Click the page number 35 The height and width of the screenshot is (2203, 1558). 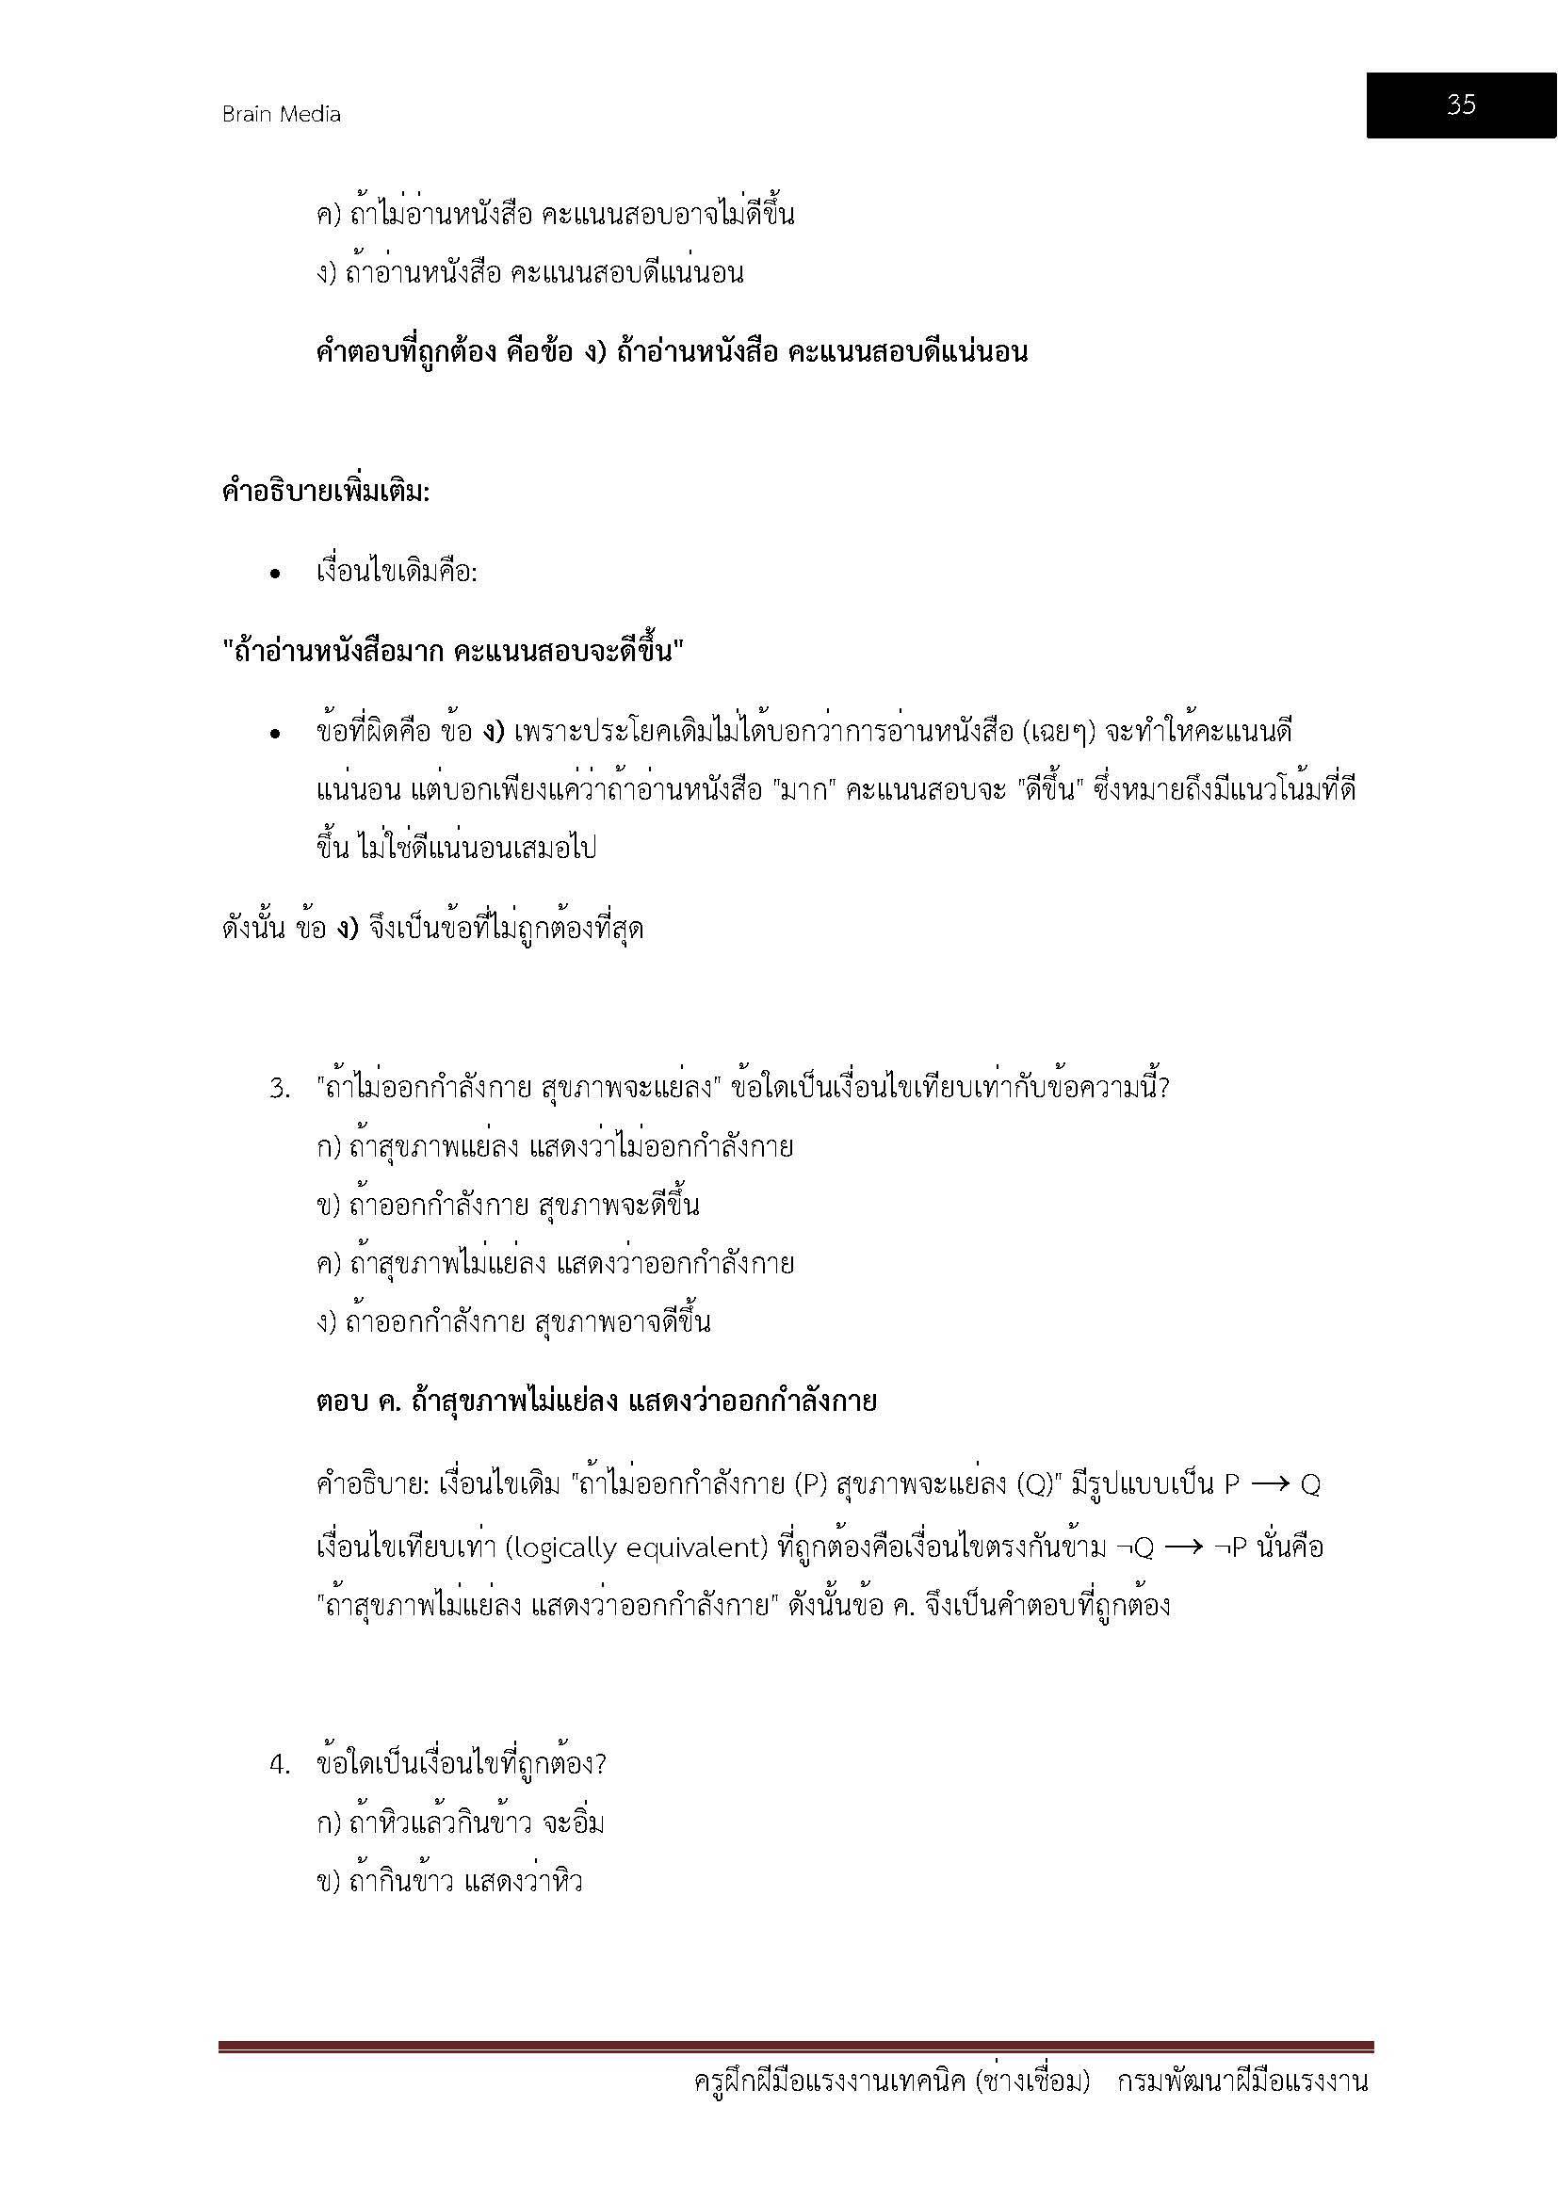click(1460, 105)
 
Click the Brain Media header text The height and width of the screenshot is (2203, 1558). click(281, 114)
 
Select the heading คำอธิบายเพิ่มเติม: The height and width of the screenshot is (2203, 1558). click(325, 494)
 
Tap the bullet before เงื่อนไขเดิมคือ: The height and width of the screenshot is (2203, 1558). click(275, 574)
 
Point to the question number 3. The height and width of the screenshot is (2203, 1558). click(279, 1089)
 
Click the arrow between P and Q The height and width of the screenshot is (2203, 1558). click(1270, 1485)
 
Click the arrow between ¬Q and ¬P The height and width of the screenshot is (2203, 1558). click(1184, 1547)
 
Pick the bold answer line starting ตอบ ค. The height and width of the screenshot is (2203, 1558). click(595, 1401)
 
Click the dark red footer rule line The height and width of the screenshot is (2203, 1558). click(796, 2047)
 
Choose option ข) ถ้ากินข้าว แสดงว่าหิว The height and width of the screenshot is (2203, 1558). click(449, 1882)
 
